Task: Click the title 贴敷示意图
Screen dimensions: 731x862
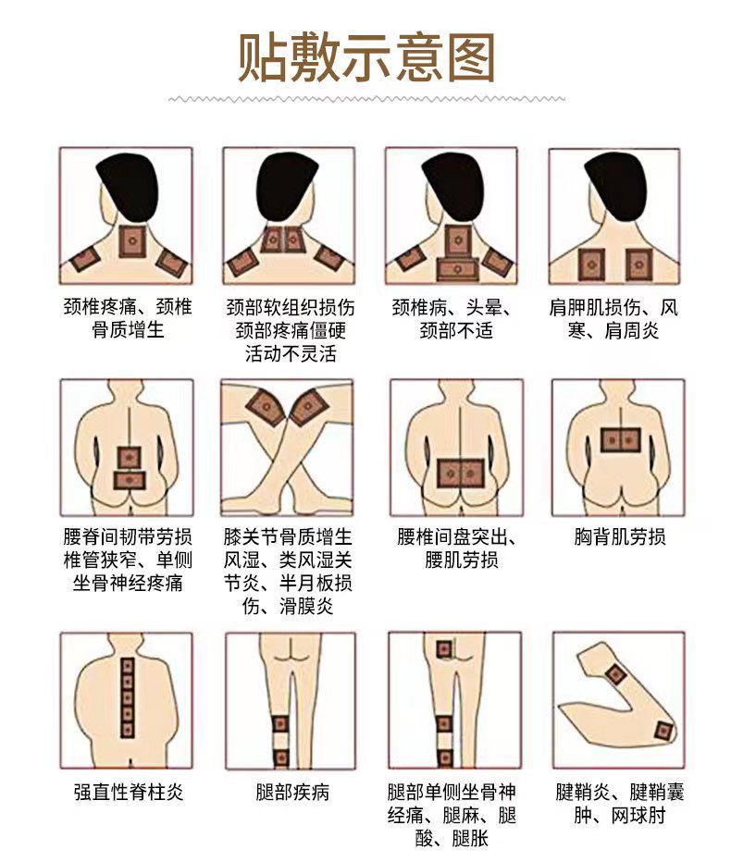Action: [x=365, y=57]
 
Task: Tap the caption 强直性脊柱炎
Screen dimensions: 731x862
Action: [x=129, y=793]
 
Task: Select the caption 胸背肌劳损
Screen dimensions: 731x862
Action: [x=619, y=536]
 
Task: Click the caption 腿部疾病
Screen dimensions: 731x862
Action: [x=292, y=793]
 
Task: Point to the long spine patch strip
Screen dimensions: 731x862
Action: [x=128, y=697]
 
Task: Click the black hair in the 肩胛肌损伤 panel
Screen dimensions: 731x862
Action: [x=615, y=184]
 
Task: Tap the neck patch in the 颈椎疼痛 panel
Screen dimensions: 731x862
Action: [x=132, y=241]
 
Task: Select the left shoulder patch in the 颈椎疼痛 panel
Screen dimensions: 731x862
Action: [x=85, y=258]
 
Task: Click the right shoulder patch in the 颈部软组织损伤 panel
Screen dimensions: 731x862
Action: [x=329, y=257]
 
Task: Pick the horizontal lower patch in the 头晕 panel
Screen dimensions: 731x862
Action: [x=457, y=269]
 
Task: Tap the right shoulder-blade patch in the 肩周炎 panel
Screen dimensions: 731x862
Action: [x=638, y=265]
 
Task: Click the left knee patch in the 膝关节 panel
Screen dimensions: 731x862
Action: [x=266, y=407]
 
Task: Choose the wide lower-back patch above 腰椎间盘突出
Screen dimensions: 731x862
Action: [x=461, y=474]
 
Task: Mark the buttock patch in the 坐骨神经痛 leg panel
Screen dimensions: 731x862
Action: [x=444, y=649]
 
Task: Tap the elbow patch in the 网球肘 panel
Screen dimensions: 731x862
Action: [x=663, y=732]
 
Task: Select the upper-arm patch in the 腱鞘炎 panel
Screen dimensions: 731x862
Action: [x=616, y=673]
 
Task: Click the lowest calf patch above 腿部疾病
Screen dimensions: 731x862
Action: [x=281, y=758]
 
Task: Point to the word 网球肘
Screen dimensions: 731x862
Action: [x=638, y=815]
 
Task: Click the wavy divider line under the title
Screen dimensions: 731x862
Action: [x=366, y=100]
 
